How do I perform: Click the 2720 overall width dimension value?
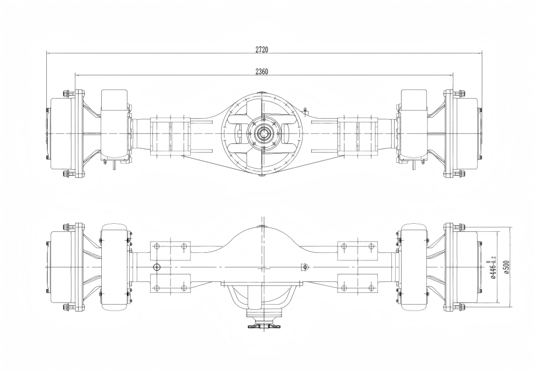coord(262,49)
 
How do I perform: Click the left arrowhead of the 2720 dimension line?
coord(48,53)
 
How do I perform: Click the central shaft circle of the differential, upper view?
coord(263,133)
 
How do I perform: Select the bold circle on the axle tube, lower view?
coord(157,267)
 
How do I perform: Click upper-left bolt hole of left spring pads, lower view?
coord(157,246)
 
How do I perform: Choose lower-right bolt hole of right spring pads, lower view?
coord(371,288)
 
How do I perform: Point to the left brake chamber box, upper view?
coord(114,125)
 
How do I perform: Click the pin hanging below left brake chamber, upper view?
coord(114,165)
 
